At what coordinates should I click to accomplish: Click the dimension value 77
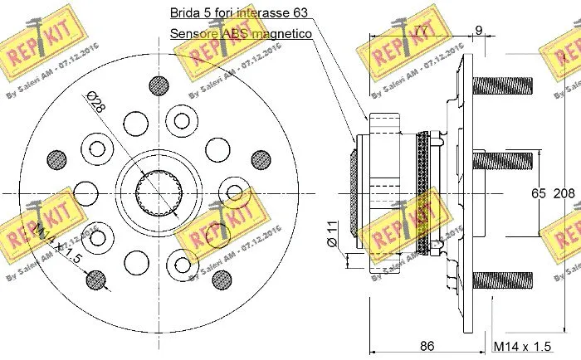422,32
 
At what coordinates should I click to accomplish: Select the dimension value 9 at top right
479,32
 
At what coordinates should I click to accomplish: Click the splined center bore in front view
157,192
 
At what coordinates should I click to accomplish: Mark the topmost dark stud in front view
157,85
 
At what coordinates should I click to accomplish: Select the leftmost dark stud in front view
56,158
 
